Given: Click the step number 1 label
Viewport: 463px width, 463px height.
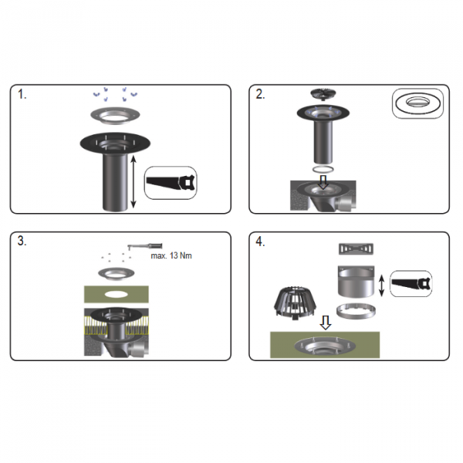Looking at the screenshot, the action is tap(22, 94).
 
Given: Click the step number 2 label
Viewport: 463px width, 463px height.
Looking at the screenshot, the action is tap(260, 94).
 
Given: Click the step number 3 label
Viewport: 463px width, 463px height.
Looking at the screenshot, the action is tap(22, 241).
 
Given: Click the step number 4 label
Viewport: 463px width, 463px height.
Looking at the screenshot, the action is tap(260, 242).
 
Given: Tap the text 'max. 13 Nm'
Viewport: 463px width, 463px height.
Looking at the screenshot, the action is tap(171, 255).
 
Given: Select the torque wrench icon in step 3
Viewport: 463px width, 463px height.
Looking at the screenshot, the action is tap(145, 245).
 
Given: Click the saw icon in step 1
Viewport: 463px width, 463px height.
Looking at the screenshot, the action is tap(171, 183).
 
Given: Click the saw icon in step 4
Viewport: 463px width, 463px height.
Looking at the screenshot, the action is tap(411, 284).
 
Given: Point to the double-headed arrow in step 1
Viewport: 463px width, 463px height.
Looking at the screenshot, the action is tap(133, 181).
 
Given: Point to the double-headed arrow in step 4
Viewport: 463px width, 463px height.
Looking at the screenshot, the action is tap(381, 286).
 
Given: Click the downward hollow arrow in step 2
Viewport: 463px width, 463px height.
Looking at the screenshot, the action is tap(323, 182).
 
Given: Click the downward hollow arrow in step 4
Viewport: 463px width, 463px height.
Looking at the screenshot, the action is tap(326, 323).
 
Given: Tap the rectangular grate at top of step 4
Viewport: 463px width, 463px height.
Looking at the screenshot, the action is tap(356, 248).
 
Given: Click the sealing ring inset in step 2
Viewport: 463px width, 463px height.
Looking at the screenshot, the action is tap(417, 104).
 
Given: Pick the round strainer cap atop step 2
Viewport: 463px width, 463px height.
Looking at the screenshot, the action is tap(323, 94).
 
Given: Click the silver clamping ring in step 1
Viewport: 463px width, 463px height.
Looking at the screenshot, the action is tap(115, 115).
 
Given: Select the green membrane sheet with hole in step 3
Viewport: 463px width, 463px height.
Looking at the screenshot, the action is tap(117, 294).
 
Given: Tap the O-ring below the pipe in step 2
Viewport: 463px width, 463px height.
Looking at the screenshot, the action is tap(323, 170).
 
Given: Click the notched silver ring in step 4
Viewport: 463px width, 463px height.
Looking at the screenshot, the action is tap(356, 312).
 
